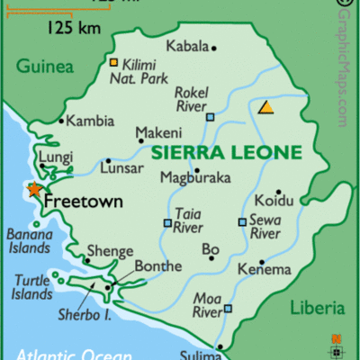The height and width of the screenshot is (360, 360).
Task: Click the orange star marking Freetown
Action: pyautogui.click(x=33, y=190)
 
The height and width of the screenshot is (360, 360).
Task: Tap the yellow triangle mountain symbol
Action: pyautogui.click(x=266, y=107)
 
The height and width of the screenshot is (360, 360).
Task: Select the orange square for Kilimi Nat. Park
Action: pyautogui.click(x=113, y=62)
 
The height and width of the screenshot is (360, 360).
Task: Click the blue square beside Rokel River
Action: pyautogui.click(x=210, y=117)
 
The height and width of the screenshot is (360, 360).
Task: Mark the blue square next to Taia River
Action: pyautogui.click(x=167, y=223)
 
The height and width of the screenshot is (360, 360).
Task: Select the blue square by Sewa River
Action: pyautogui.click(x=241, y=221)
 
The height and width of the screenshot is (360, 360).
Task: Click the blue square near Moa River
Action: pyautogui.click(x=228, y=309)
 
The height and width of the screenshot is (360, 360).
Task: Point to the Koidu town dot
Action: pyautogui.click(x=279, y=193)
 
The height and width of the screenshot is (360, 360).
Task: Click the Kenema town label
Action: pyautogui.click(x=264, y=269)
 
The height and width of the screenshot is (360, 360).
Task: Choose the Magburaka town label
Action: pyautogui.click(x=195, y=177)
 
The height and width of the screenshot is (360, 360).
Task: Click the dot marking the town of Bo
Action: pyautogui.click(x=211, y=257)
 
